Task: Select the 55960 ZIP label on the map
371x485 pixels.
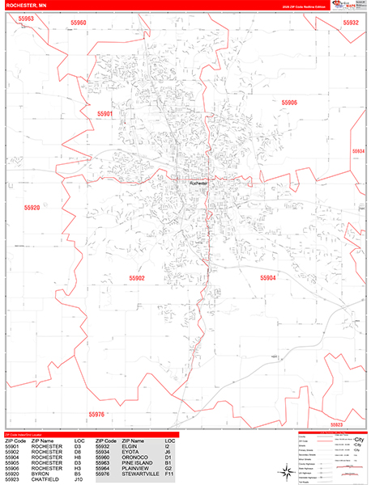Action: click(x=79, y=23)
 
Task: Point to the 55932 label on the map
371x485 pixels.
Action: click(x=351, y=23)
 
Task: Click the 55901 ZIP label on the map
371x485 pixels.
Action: click(x=104, y=115)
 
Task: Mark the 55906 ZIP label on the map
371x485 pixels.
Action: click(x=289, y=103)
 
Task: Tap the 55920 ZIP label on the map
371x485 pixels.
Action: click(x=32, y=208)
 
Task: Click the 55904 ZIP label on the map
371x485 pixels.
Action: click(x=267, y=277)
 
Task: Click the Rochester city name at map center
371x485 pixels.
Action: click(x=198, y=183)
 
